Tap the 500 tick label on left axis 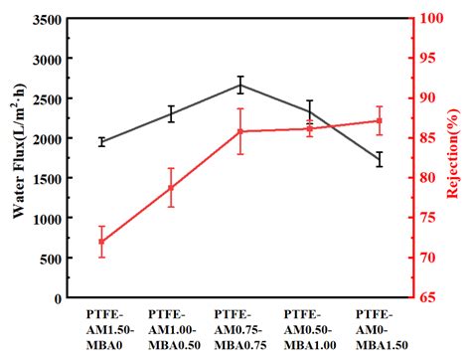(x=50, y=259)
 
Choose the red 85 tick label (x=427, y=138)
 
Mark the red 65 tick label (x=427, y=298)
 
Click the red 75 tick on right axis (x=427, y=219)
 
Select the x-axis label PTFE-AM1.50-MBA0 (x=101, y=329)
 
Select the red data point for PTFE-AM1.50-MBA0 (x=101, y=242)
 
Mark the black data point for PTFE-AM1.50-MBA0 (x=101, y=142)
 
